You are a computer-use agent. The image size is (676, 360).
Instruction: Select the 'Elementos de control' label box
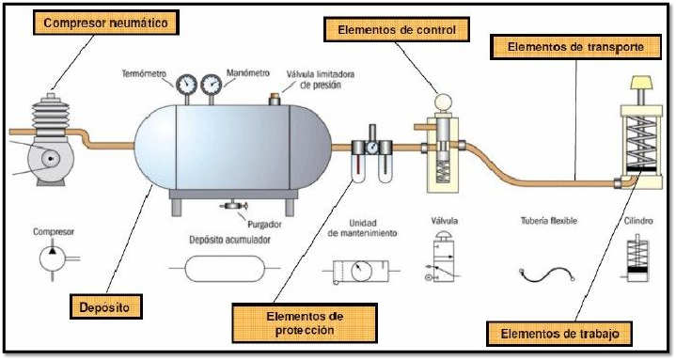click(397, 30)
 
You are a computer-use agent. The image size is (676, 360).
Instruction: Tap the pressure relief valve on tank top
click(275, 97)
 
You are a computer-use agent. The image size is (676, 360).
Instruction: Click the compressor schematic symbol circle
click(51, 258)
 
